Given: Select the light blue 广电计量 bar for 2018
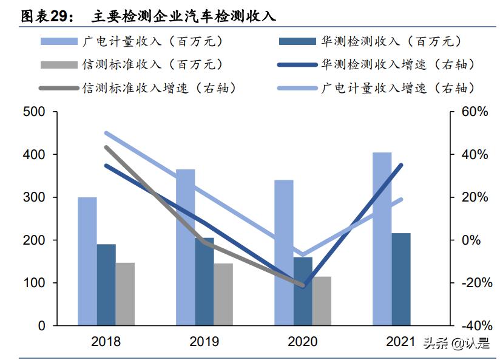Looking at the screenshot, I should coord(87,261).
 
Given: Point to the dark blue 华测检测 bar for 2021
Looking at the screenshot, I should coord(401,279).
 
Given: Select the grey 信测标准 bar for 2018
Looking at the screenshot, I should coord(125,294).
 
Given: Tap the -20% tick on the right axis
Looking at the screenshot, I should coord(474,283).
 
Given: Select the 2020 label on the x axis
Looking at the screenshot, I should coord(302,341).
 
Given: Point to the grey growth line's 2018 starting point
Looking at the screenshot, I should coord(106,147).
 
